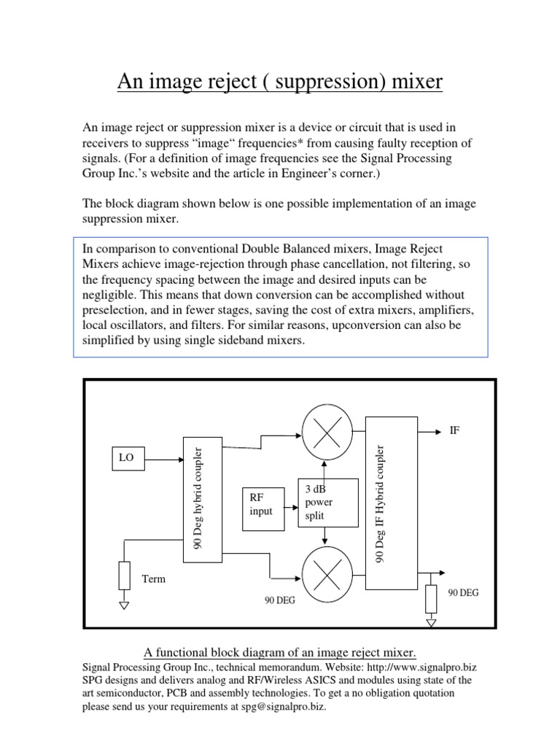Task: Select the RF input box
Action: [262, 504]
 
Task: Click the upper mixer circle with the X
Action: [327, 429]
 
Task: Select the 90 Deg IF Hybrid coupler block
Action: [392, 503]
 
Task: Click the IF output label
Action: [455, 431]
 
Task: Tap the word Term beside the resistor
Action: [154, 579]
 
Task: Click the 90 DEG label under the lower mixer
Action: [280, 601]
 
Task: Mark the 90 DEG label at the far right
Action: [464, 593]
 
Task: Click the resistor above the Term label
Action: [125, 575]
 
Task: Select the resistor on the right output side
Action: [431, 597]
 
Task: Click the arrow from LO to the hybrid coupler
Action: [164, 460]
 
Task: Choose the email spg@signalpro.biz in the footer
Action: [284, 707]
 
